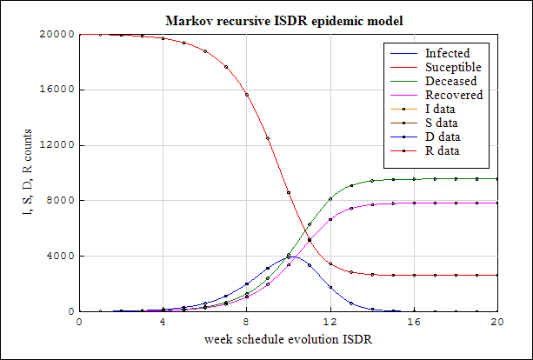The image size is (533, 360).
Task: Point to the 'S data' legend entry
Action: click(445, 123)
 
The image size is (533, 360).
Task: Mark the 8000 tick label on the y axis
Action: click(61, 201)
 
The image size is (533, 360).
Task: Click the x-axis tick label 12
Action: click(330, 321)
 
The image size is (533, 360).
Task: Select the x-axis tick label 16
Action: click(414, 321)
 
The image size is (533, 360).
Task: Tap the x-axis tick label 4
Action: click(163, 321)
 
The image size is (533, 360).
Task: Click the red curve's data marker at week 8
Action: click(247, 94)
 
